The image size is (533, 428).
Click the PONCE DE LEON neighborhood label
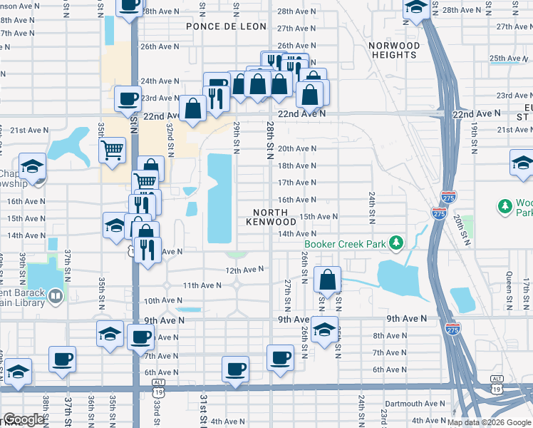[x=226, y=26]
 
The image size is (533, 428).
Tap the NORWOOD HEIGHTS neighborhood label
[x=393, y=50]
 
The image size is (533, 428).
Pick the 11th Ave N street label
[x=202, y=285]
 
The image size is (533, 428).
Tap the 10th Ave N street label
[x=163, y=301]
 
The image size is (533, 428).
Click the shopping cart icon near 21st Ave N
[x=112, y=150]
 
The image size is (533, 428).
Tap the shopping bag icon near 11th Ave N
[x=327, y=279]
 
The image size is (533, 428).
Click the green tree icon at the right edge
[x=505, y=206]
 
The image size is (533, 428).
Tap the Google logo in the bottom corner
[x=24, y=419]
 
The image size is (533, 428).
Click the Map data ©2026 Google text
[x=490, y=422]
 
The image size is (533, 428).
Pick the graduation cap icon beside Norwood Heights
[x=416, y=9]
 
